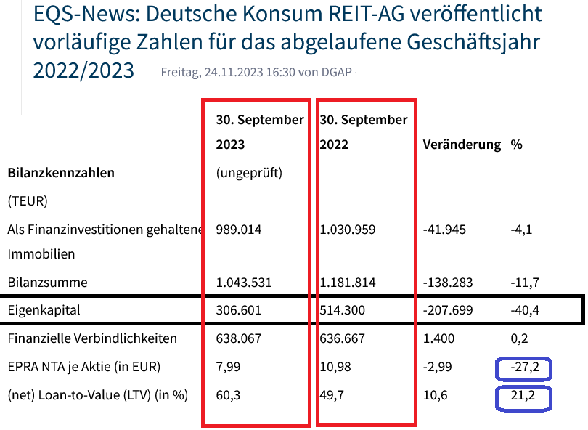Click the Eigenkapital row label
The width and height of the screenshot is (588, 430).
[x=44, y=310]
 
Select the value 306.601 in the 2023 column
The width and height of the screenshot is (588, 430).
[x=239, y=310]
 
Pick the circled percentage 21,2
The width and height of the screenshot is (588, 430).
[x=525, y=397]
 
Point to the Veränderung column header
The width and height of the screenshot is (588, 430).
[x=462, y=145]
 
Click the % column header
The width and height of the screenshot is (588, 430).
[x=517, y=145]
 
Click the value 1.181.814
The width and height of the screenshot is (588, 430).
[x=348, y=282]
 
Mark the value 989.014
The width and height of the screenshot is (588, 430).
[x=239, y=230]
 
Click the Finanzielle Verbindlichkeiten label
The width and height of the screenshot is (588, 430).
[x=92, y=338]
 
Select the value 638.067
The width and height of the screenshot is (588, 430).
[x=239, y=338]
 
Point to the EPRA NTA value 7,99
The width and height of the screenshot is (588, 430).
[x=229, y=368]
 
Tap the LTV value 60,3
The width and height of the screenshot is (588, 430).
[x=229, y=397]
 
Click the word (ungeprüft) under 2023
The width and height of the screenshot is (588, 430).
[x=249, y=174]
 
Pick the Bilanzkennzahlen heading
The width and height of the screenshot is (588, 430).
[x=61, y=174]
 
